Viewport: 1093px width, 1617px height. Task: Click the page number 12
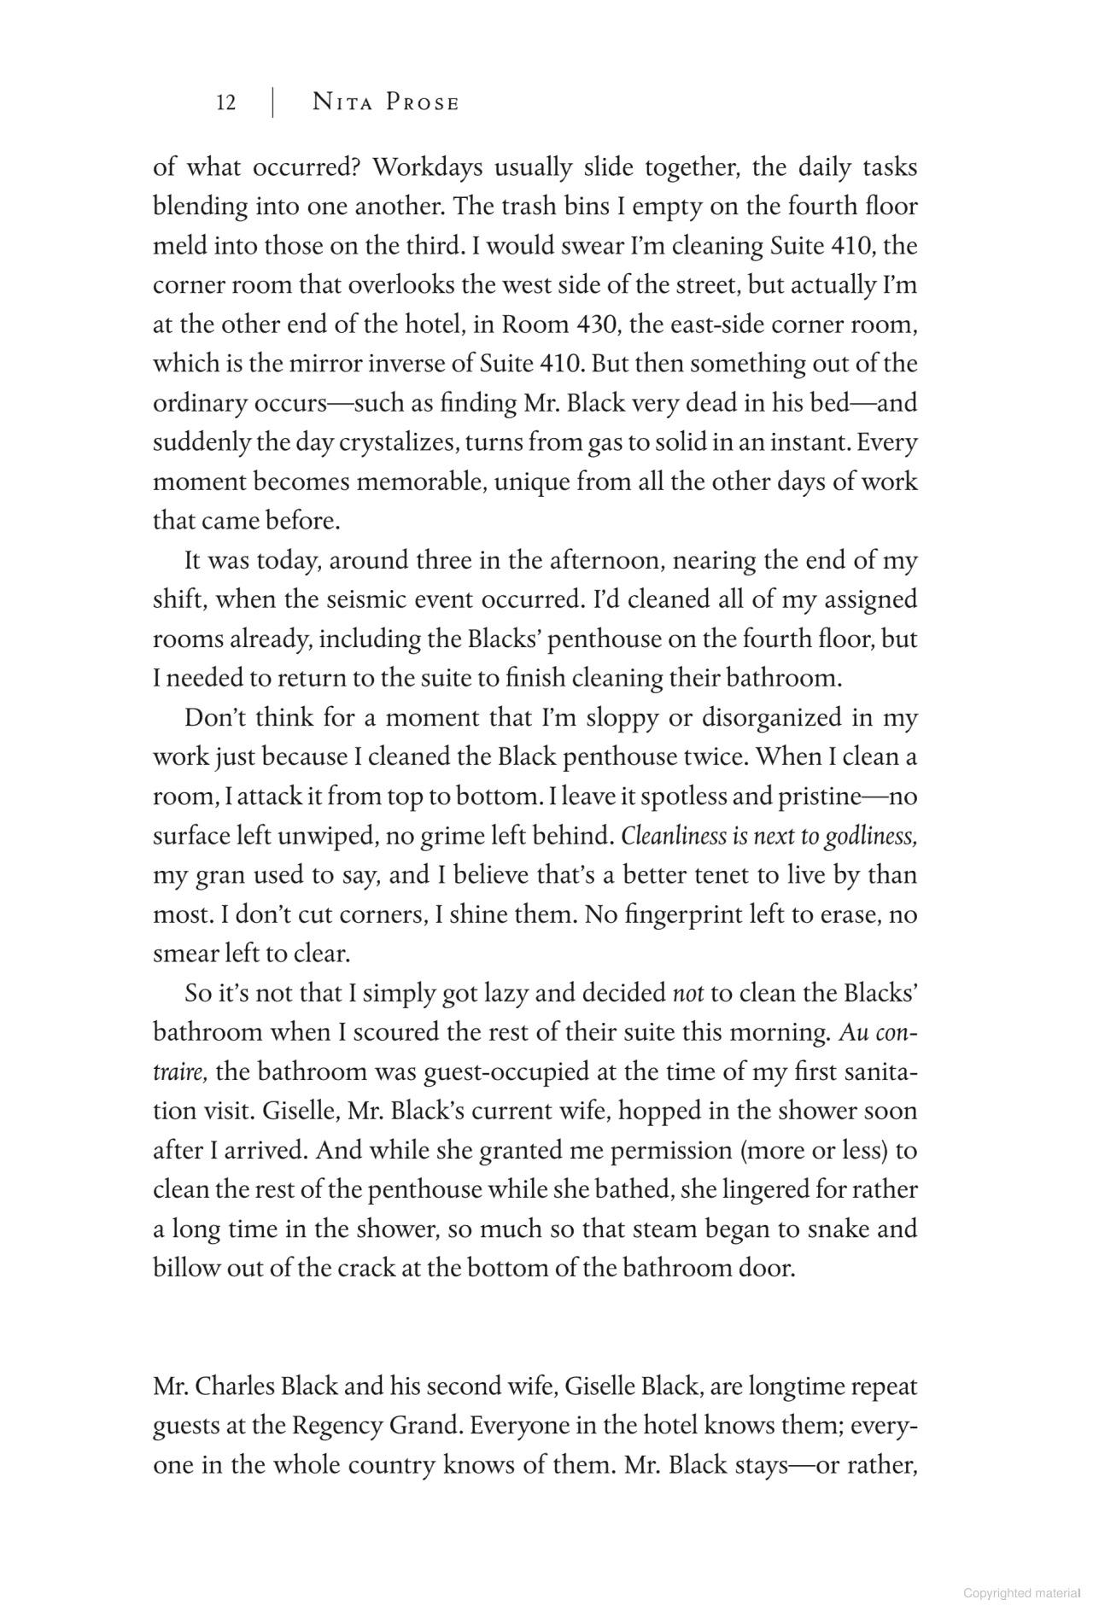[226, 103]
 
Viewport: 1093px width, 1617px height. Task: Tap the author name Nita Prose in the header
[386, 103]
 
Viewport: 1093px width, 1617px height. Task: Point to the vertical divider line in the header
[272, 103]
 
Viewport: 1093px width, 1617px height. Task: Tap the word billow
[186, 1268]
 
